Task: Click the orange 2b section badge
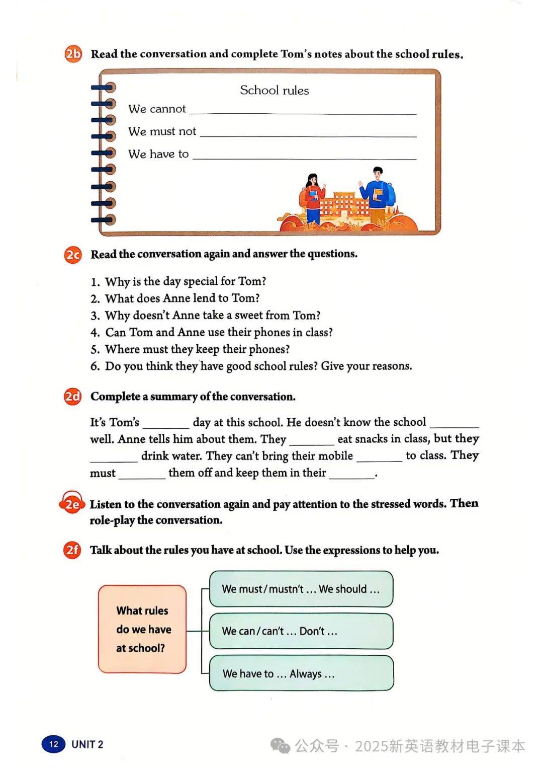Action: [73, 53]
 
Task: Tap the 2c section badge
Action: [73, 255]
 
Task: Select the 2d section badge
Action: [73, 397]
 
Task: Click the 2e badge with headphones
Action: [72, 504]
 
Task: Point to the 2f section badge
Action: [73, 550]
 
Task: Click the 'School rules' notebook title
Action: [274, 91]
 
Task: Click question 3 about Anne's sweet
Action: [212, 316]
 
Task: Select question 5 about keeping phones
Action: [197, 349]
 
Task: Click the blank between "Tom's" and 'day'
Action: [166, 424]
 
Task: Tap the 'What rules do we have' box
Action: [142, 629]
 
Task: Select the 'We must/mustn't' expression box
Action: [301, 589]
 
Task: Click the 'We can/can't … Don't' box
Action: [301, 631]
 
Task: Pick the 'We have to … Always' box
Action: [301, 673]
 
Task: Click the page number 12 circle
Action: [54, 744]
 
